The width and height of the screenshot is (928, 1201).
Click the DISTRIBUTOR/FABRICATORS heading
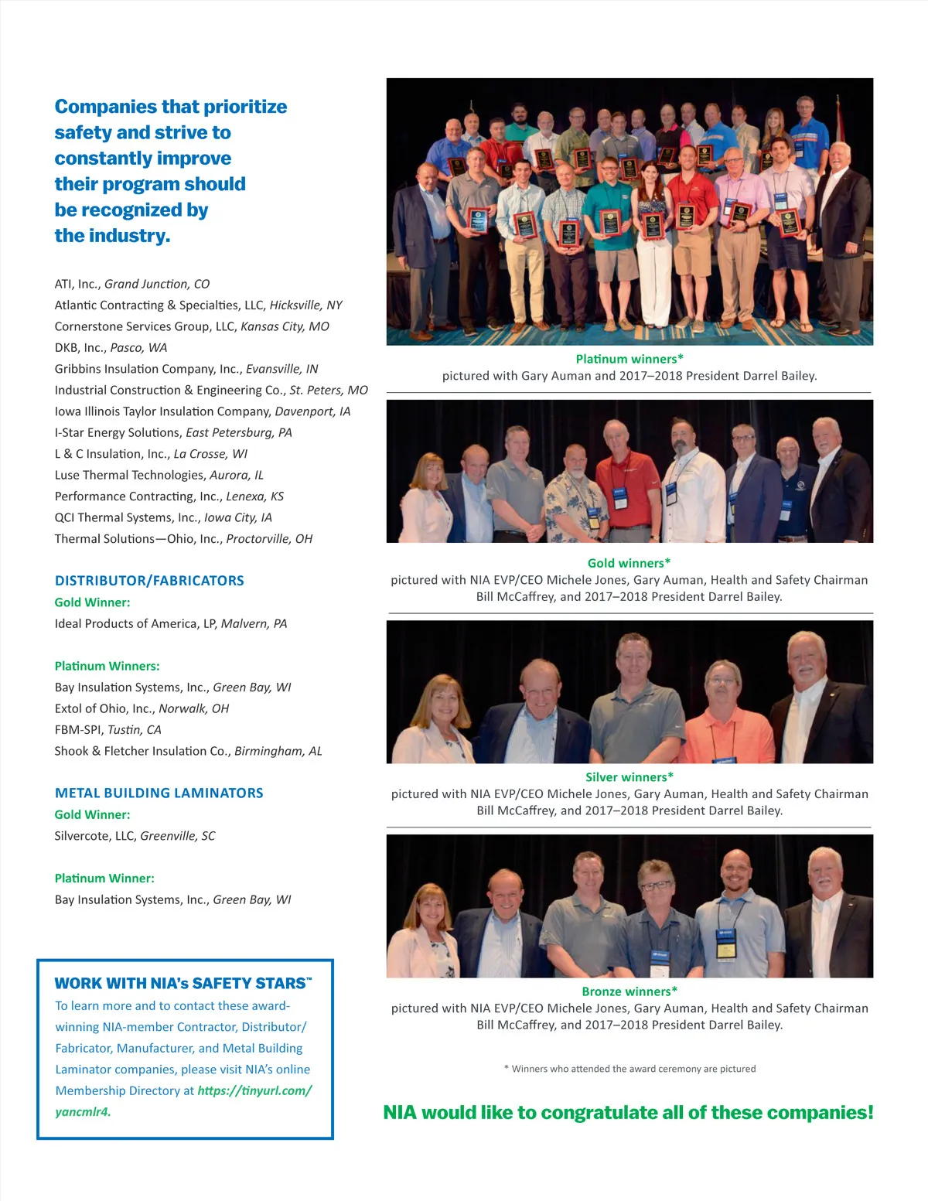(x=149, y=581)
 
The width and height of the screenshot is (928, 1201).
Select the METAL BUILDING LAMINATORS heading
(x=159, y=793)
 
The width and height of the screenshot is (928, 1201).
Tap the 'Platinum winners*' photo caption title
(x=629, y=359)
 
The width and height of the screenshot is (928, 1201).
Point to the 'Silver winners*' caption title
(x=629, y=777)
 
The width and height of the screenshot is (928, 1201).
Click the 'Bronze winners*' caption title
(x=629, y=991)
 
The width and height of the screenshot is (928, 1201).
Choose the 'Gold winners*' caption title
(x=629, y=563)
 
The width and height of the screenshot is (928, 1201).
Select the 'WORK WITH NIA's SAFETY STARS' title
(x=183, y=984)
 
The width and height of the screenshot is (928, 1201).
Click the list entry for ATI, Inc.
(x=132, y=284)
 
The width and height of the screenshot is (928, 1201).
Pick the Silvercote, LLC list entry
(x=135, y=836)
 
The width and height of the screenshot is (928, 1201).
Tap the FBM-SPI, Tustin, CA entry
(x=107, y=730)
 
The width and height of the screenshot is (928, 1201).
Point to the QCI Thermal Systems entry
(x=163, y=517)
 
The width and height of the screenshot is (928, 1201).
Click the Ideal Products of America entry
(x=170, y=623)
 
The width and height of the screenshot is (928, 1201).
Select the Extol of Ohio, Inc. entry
(x=142, y=708)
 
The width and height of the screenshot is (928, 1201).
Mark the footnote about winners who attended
(x=629, y=1069)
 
